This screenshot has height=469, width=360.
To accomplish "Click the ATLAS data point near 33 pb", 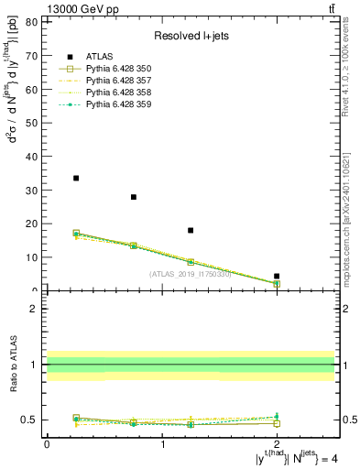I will (x=76, y=178).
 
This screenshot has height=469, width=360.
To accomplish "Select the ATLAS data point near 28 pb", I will (x=134, y=197).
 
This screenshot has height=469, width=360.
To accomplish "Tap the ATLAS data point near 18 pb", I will (x=191, y=230).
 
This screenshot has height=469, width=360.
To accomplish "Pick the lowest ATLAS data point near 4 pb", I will (x=277, y=276).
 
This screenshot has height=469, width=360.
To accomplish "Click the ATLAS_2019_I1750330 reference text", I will (x=191, y=273).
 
